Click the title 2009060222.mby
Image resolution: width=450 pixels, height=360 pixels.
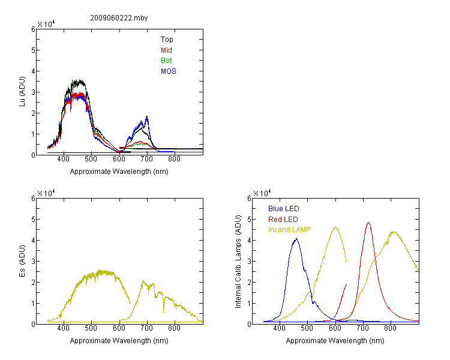[119, 18]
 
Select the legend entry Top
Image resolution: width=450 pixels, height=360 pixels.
[167, 40]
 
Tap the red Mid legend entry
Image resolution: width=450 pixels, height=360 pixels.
[166, 50]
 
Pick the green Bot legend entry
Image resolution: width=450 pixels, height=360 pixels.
[166, 61]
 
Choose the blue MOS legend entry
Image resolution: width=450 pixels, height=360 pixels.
[169, 71]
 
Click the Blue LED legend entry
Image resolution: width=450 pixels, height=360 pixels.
[284, 209]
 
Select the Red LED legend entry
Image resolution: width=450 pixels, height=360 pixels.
[283, 220]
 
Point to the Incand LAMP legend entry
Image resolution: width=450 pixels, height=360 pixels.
[289, 230]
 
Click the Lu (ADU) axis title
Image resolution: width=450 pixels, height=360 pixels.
[22, 92]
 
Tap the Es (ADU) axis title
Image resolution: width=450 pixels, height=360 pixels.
[22, 261]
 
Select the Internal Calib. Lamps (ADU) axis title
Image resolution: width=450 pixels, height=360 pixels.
[238, 262]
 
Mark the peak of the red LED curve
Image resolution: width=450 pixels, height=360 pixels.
[368, 223]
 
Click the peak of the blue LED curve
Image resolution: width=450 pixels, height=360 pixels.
[296, 239]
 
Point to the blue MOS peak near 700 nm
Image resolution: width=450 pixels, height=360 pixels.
[147, 116]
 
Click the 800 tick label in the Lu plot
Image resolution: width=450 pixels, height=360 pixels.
[174, 159]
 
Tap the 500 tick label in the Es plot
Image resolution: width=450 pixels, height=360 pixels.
[91, 328]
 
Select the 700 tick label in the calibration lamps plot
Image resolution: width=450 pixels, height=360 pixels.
[362, 328]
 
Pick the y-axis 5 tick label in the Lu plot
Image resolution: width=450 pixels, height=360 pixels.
[33, 50]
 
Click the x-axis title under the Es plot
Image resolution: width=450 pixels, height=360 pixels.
[119, 341]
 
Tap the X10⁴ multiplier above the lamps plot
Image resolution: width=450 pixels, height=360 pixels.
[262, 193]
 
